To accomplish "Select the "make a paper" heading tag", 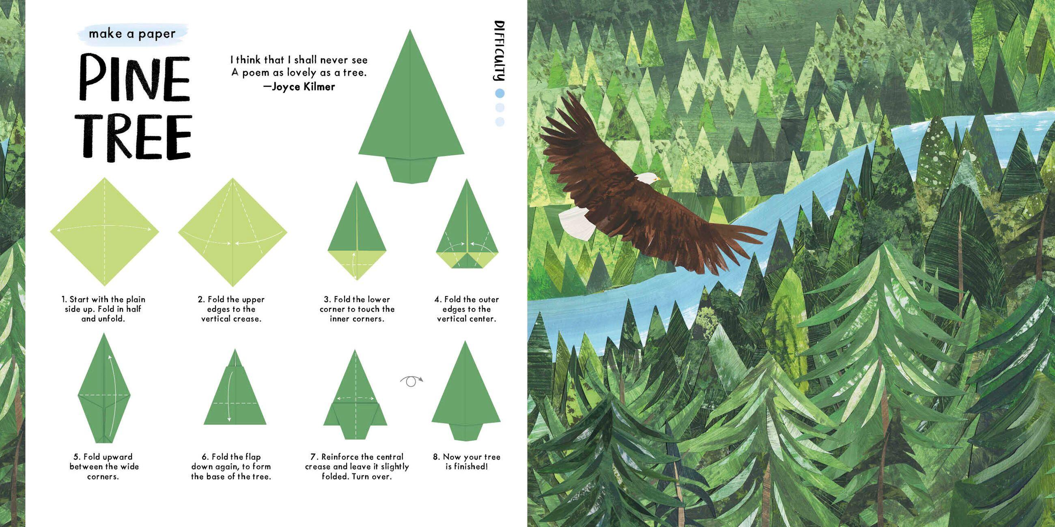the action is tap(132, 34).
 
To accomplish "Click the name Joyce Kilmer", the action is tap(304, 87).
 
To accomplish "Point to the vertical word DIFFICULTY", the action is tap(499, 51).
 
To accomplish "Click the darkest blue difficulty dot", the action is tap(499, 94).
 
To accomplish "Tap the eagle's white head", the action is tap(647, 178).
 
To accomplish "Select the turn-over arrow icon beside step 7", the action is tap(411, 381).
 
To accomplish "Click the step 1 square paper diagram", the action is tap(104, 231).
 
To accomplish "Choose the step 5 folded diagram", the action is tap(104, 388).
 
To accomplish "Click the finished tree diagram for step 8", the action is tap(466, 390).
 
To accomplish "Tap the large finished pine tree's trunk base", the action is tap(411, 168).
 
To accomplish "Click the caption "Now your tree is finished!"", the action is tap(467, 462).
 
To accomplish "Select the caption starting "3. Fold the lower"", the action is tap(357, 309).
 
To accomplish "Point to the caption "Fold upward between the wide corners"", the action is tap(104, 467).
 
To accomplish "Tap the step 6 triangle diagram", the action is tap(235, 387).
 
